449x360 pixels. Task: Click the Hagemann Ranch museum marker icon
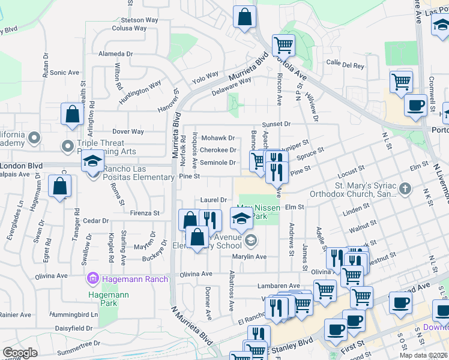tap(92, 278)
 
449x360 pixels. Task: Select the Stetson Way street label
tap(139, 20)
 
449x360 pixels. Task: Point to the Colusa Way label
tap(129, 28)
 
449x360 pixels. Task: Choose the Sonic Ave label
tap(65, 73)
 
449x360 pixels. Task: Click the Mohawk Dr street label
tap(217, 138)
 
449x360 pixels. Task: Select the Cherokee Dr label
tap(218, 150)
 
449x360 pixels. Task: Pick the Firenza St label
tap(145, 212)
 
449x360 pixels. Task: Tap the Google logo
tap(20, 353)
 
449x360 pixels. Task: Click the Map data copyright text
tap(424, 355)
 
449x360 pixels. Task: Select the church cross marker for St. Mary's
tap(405, 190)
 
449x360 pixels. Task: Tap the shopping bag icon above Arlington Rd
tap(72, 115)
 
